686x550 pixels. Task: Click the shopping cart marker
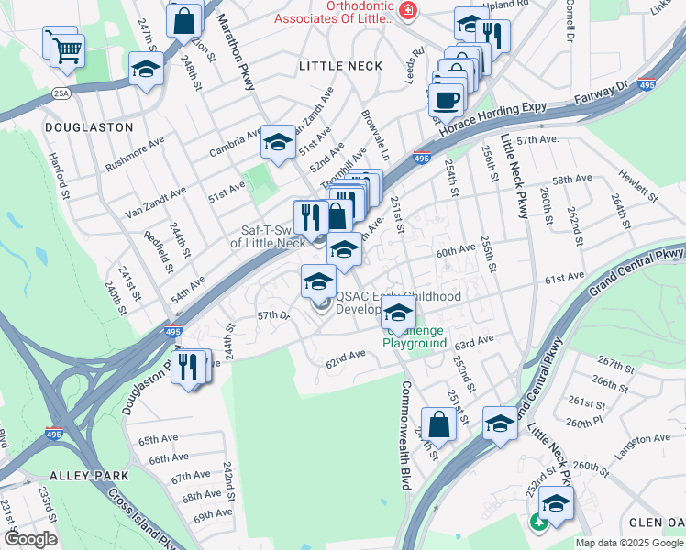tap(66, 50)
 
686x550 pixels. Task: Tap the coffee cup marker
tap(447, 100)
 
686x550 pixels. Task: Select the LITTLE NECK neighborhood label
tap(340, 66)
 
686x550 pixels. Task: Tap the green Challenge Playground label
tap(415, 336)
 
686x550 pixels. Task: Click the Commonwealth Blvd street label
tap(404, 435)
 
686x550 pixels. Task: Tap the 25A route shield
tap(61, 93)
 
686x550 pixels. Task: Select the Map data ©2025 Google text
tap(629, 543)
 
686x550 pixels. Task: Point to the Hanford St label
tap(60, 176)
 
